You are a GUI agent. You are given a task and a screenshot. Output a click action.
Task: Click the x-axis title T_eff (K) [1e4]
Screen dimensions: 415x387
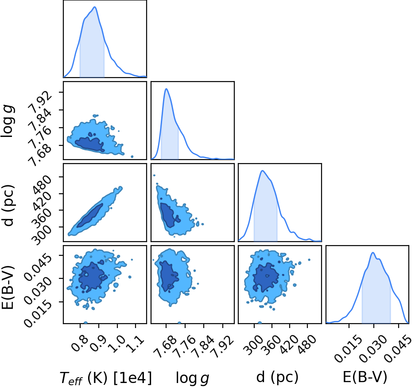click(106, 378)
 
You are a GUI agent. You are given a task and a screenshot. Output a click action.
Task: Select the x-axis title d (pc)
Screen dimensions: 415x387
click(277, 377)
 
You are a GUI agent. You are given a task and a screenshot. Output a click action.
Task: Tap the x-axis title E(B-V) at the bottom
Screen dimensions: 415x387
click(365, 377)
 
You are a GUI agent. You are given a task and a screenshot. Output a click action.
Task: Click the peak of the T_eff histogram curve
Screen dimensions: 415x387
click(95, 7)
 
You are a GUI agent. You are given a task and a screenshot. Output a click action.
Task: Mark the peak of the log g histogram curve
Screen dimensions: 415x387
click(167, 89)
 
